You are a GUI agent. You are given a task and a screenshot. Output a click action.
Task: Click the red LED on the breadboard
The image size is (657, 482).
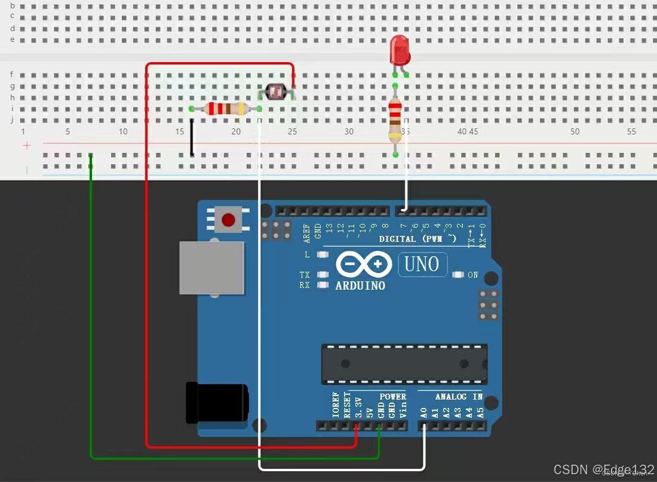400,50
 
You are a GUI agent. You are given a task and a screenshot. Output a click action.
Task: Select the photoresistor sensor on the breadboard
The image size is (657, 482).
276,92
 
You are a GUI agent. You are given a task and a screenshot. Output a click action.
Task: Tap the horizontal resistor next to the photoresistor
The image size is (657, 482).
226,108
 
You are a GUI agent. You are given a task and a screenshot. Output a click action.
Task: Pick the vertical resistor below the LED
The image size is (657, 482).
395,121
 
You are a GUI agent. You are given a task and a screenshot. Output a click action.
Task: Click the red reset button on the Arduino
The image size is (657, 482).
228,220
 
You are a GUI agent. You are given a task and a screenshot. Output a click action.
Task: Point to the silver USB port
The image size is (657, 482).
212,268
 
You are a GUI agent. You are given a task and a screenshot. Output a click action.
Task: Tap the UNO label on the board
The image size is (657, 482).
422,264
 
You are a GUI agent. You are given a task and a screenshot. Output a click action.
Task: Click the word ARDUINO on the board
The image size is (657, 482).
360,285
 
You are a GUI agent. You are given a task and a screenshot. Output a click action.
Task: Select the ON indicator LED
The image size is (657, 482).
458,275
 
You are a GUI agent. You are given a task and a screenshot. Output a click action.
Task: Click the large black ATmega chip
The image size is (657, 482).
404,364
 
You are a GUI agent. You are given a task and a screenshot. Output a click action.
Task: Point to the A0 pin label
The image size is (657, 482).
423,412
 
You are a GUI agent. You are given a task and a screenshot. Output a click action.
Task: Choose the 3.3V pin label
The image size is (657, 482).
358,407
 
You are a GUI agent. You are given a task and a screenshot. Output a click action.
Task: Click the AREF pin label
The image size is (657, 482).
307,233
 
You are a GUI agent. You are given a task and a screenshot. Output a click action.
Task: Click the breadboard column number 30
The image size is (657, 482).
349,131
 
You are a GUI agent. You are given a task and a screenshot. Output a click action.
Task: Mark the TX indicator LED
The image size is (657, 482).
323,275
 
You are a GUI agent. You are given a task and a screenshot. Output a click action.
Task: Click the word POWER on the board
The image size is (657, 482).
392,397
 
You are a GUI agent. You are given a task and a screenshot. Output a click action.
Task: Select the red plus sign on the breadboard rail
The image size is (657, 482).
26,146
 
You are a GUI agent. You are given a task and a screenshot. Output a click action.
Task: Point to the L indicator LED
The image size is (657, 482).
323,255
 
